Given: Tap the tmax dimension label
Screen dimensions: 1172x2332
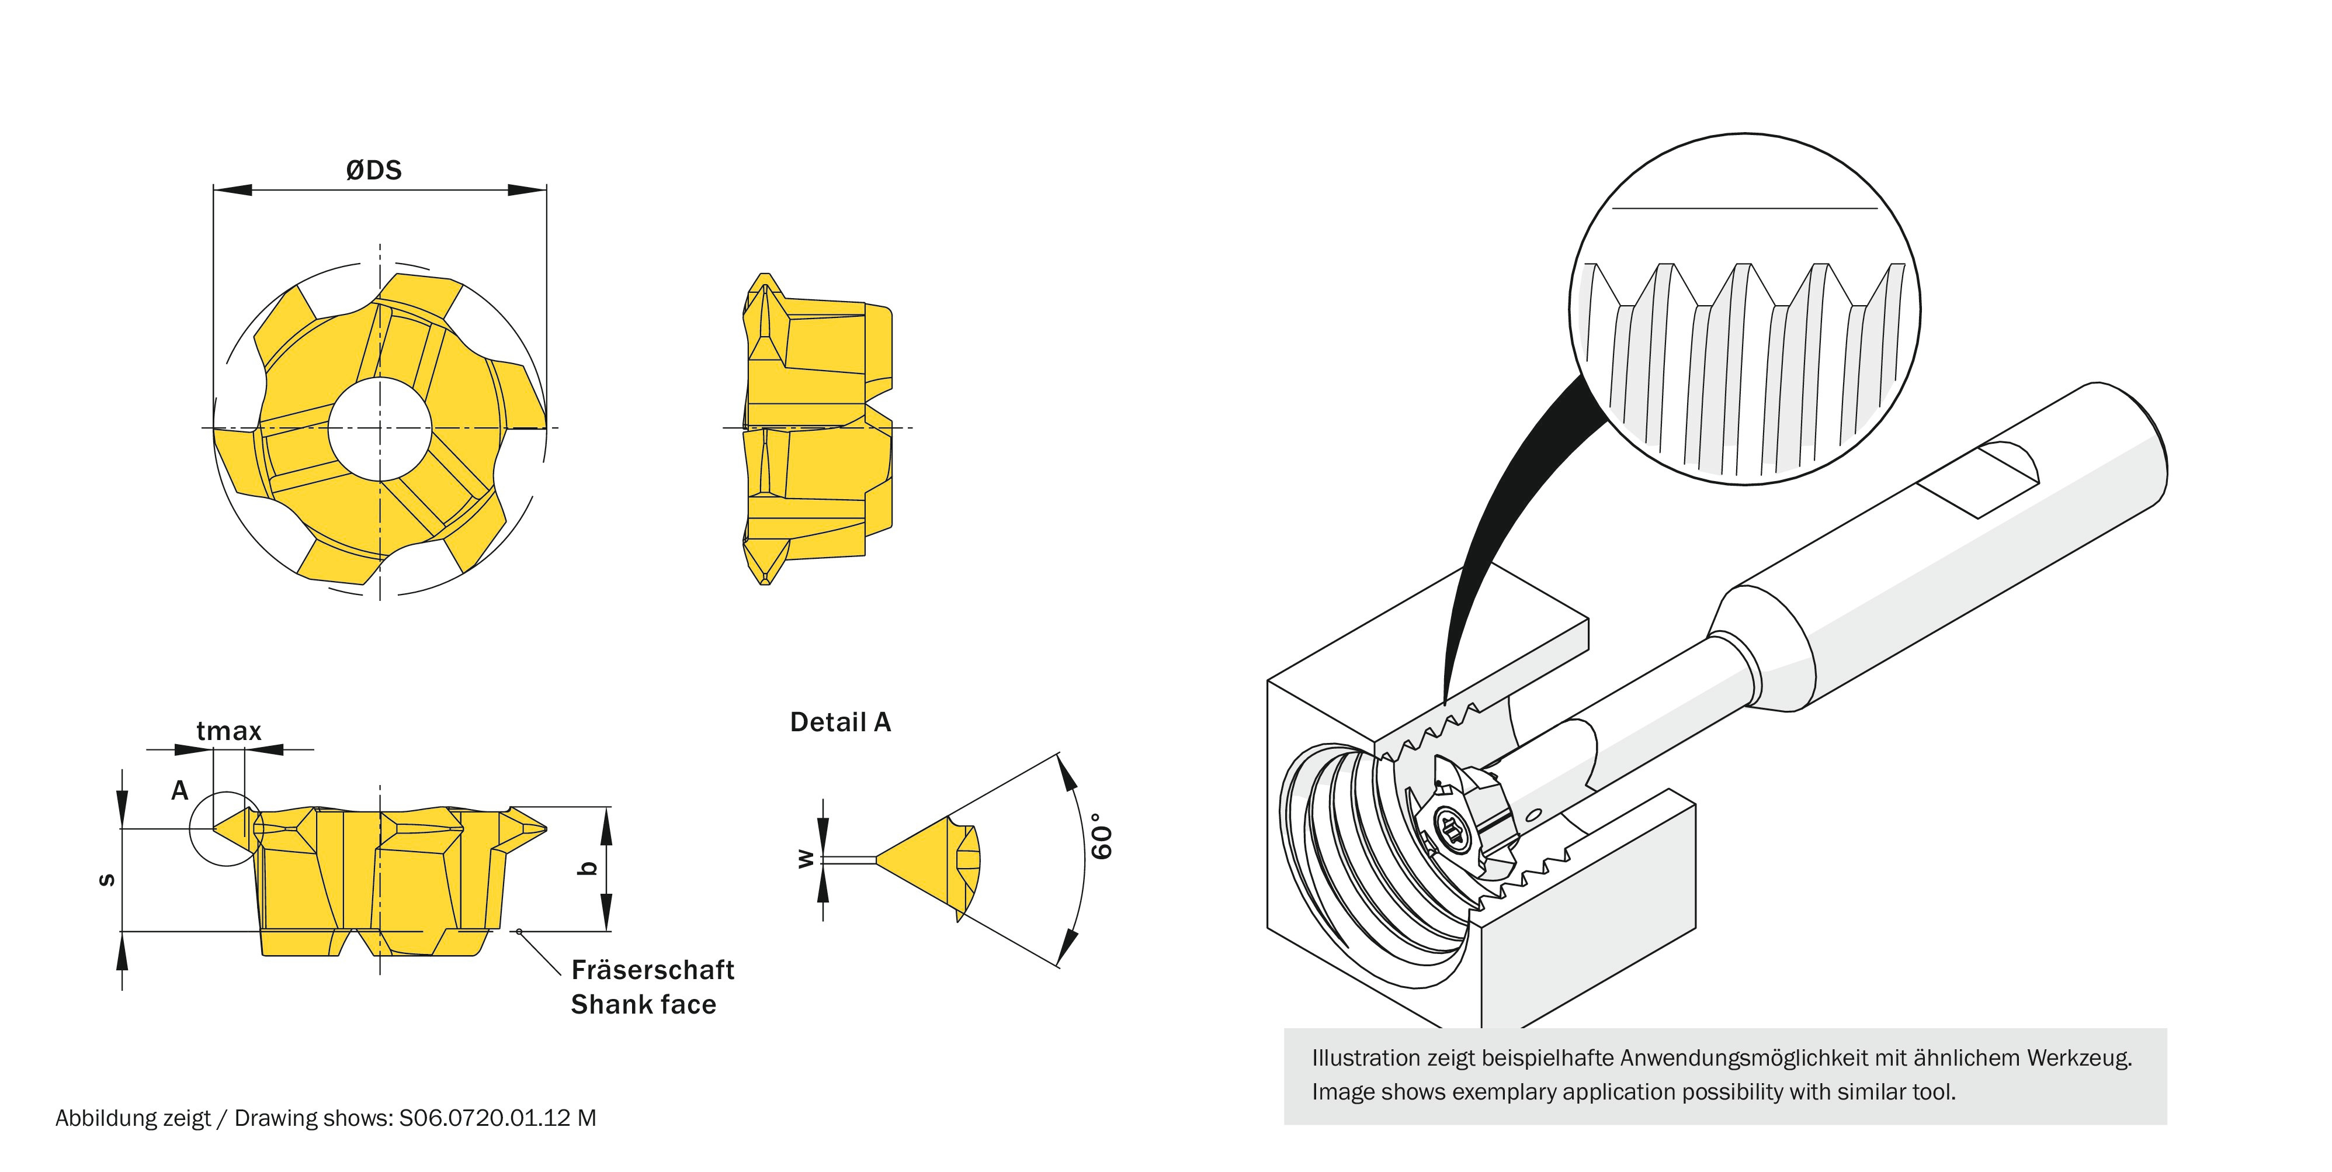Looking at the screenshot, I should [228, 731].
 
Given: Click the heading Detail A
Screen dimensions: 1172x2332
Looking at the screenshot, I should [840, 722].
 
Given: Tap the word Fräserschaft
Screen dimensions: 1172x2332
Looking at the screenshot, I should [652, 970].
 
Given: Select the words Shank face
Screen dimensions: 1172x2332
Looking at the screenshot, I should [643, 1004].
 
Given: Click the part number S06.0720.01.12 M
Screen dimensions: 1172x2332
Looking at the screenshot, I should [498, 1118].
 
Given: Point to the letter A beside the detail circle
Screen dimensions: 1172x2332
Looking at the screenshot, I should [180, 791].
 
